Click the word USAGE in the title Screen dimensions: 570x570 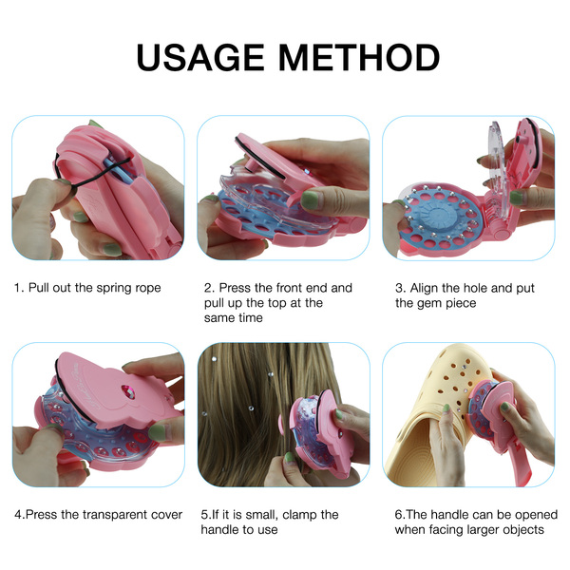(x=200, y=57)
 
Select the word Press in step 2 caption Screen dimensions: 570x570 (x=235, y=288)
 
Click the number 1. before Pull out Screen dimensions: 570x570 (x=19, y=288)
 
